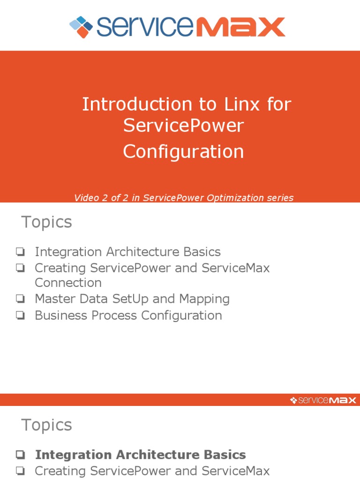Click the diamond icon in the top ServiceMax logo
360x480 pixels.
tap(81, 27)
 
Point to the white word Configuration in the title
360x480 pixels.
tap(183, 151)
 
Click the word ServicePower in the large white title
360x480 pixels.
tap(183, 126)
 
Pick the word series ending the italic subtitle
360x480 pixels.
tap(280, 198)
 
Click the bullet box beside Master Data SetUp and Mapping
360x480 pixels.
tap(20, 299)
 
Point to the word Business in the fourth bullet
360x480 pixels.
tap(58, 315)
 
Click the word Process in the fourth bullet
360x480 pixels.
tap(111, 315)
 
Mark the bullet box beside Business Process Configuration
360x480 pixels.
tap(20, 315)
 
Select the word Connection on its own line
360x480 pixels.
tap(68, 283)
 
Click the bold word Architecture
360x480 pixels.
tap(159, 455)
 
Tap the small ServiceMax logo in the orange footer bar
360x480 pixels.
tap(323, 400)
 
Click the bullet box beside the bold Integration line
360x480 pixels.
tap(20, 455)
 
